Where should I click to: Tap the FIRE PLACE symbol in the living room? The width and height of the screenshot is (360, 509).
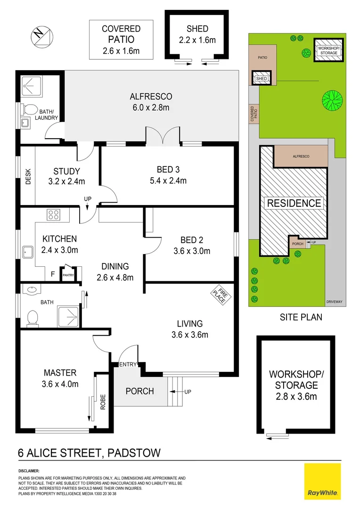pos(219,296)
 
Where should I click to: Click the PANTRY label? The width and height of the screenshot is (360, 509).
pos(68,275)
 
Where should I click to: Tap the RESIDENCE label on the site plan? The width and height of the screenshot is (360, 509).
pos(295,203)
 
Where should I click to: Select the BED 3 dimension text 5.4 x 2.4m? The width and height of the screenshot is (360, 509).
pos(171,181)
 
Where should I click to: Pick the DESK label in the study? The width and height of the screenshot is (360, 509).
pos(28,175)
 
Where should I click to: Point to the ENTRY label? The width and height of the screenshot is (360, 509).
pos(128,364)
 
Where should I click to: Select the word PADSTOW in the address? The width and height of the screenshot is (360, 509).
pos(134,453)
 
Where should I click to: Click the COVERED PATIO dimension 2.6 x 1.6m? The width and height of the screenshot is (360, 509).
pos(121,50)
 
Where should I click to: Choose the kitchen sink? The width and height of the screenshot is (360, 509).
pos(27,251)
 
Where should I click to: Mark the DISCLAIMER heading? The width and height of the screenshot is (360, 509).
pos(29,471)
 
